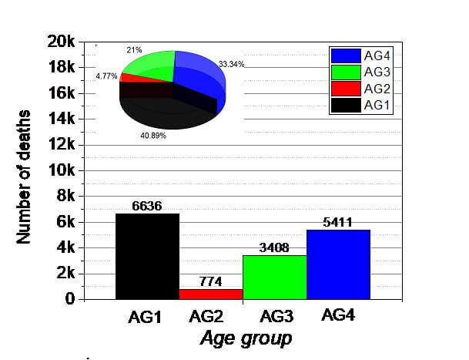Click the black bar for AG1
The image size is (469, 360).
(x=147, y=256)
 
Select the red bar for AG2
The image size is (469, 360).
(x=211, y=294)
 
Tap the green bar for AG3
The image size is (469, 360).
(x=274, y=277)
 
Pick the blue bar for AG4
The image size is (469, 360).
(x=338, y=264)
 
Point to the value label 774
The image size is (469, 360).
(x=211, y=282)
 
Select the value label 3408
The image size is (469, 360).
(x=274, y=248)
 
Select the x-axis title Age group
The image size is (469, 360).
(x=246, y=338)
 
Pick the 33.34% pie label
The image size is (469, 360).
(x=231, y=64)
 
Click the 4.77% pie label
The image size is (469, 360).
(x=106, y=76)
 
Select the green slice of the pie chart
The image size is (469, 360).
(x=151, y=65)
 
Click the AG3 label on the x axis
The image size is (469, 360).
(x=275, y=317)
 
